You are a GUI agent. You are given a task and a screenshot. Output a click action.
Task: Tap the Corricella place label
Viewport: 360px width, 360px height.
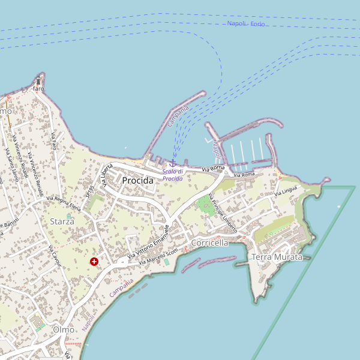click(x=209, y=243)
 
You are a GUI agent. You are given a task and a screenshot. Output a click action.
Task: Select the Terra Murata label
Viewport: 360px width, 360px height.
click(x=277, y=257)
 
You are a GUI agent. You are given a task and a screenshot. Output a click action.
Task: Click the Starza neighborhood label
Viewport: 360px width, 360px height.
click(x=62, y=221)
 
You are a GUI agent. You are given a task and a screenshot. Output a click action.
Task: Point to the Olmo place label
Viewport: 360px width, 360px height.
click(x=64, y=329)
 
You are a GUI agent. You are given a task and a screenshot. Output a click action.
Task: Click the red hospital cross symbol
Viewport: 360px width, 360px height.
click(x=94, y=262)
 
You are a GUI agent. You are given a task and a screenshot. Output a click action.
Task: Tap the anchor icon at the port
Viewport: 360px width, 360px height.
click(x=173, y=163)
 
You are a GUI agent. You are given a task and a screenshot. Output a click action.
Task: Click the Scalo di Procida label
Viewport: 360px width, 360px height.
click(x=173, y=175)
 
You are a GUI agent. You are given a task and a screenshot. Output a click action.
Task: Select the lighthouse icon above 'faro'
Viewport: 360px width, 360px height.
click(x=39, y=80)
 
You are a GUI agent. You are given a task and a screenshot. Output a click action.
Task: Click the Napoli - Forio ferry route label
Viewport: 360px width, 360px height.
click(x=246, y=24)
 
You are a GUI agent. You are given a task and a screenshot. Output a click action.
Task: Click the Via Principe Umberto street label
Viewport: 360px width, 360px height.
click(x=223, y=212)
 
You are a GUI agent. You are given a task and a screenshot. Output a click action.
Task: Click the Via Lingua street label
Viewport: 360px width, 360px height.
click(x=286, y=192)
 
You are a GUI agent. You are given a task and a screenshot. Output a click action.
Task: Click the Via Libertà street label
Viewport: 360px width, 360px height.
click(x=104, y=176)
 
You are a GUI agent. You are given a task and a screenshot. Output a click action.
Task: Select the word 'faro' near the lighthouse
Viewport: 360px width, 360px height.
click(x=38, y=89)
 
